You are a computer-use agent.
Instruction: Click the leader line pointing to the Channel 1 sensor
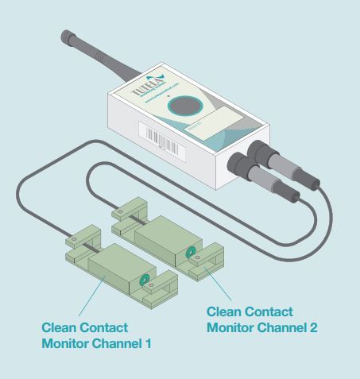[x=94, y=293]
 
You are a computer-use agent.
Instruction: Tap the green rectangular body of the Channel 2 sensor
[x=164, y=238]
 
